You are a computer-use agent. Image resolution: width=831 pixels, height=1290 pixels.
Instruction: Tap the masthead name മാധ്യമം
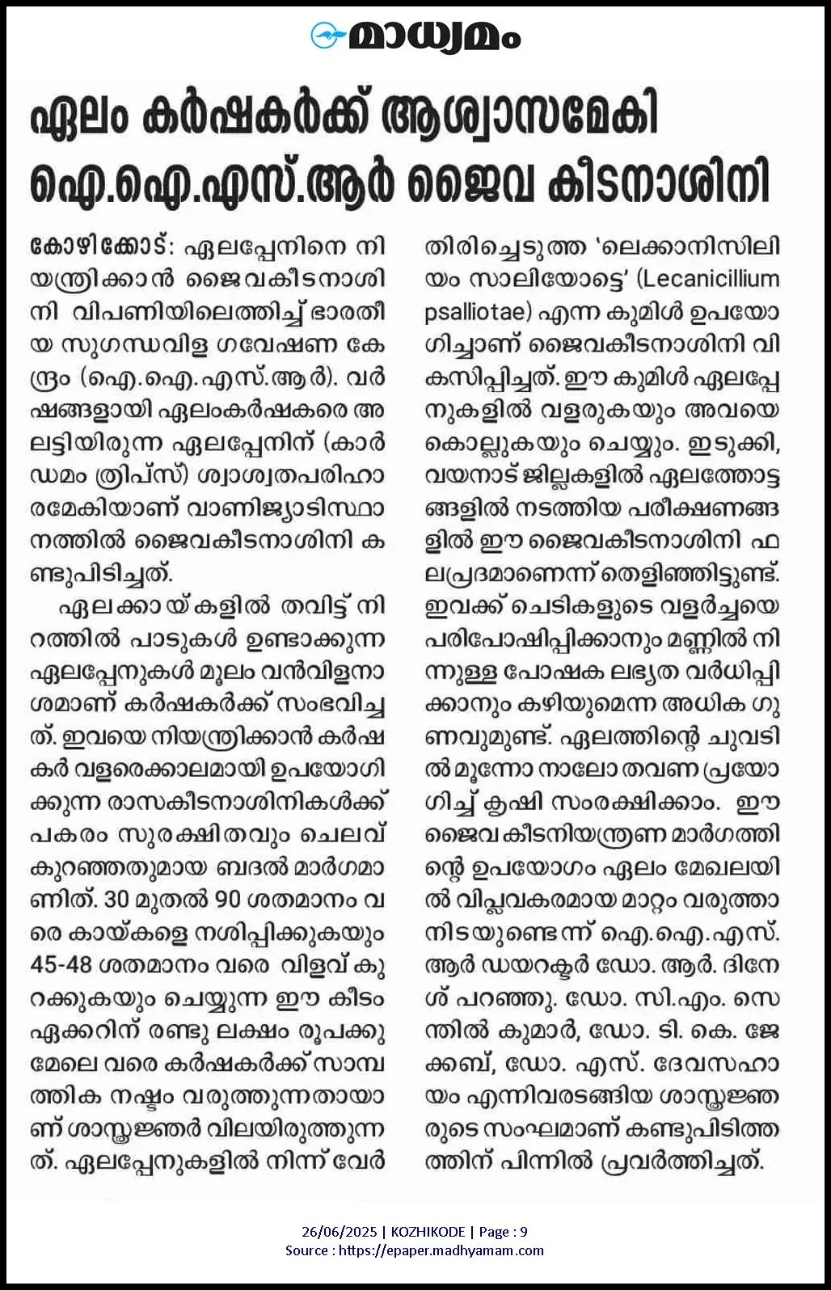click(x=434, y=36)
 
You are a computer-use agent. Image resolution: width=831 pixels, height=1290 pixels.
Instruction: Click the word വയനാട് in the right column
click(x=472, y=477)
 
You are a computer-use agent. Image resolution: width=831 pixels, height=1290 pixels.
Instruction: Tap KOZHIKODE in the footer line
click(x=428, y=1232)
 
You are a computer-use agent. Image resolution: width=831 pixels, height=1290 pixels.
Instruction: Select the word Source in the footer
click(x=306, y=1250)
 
